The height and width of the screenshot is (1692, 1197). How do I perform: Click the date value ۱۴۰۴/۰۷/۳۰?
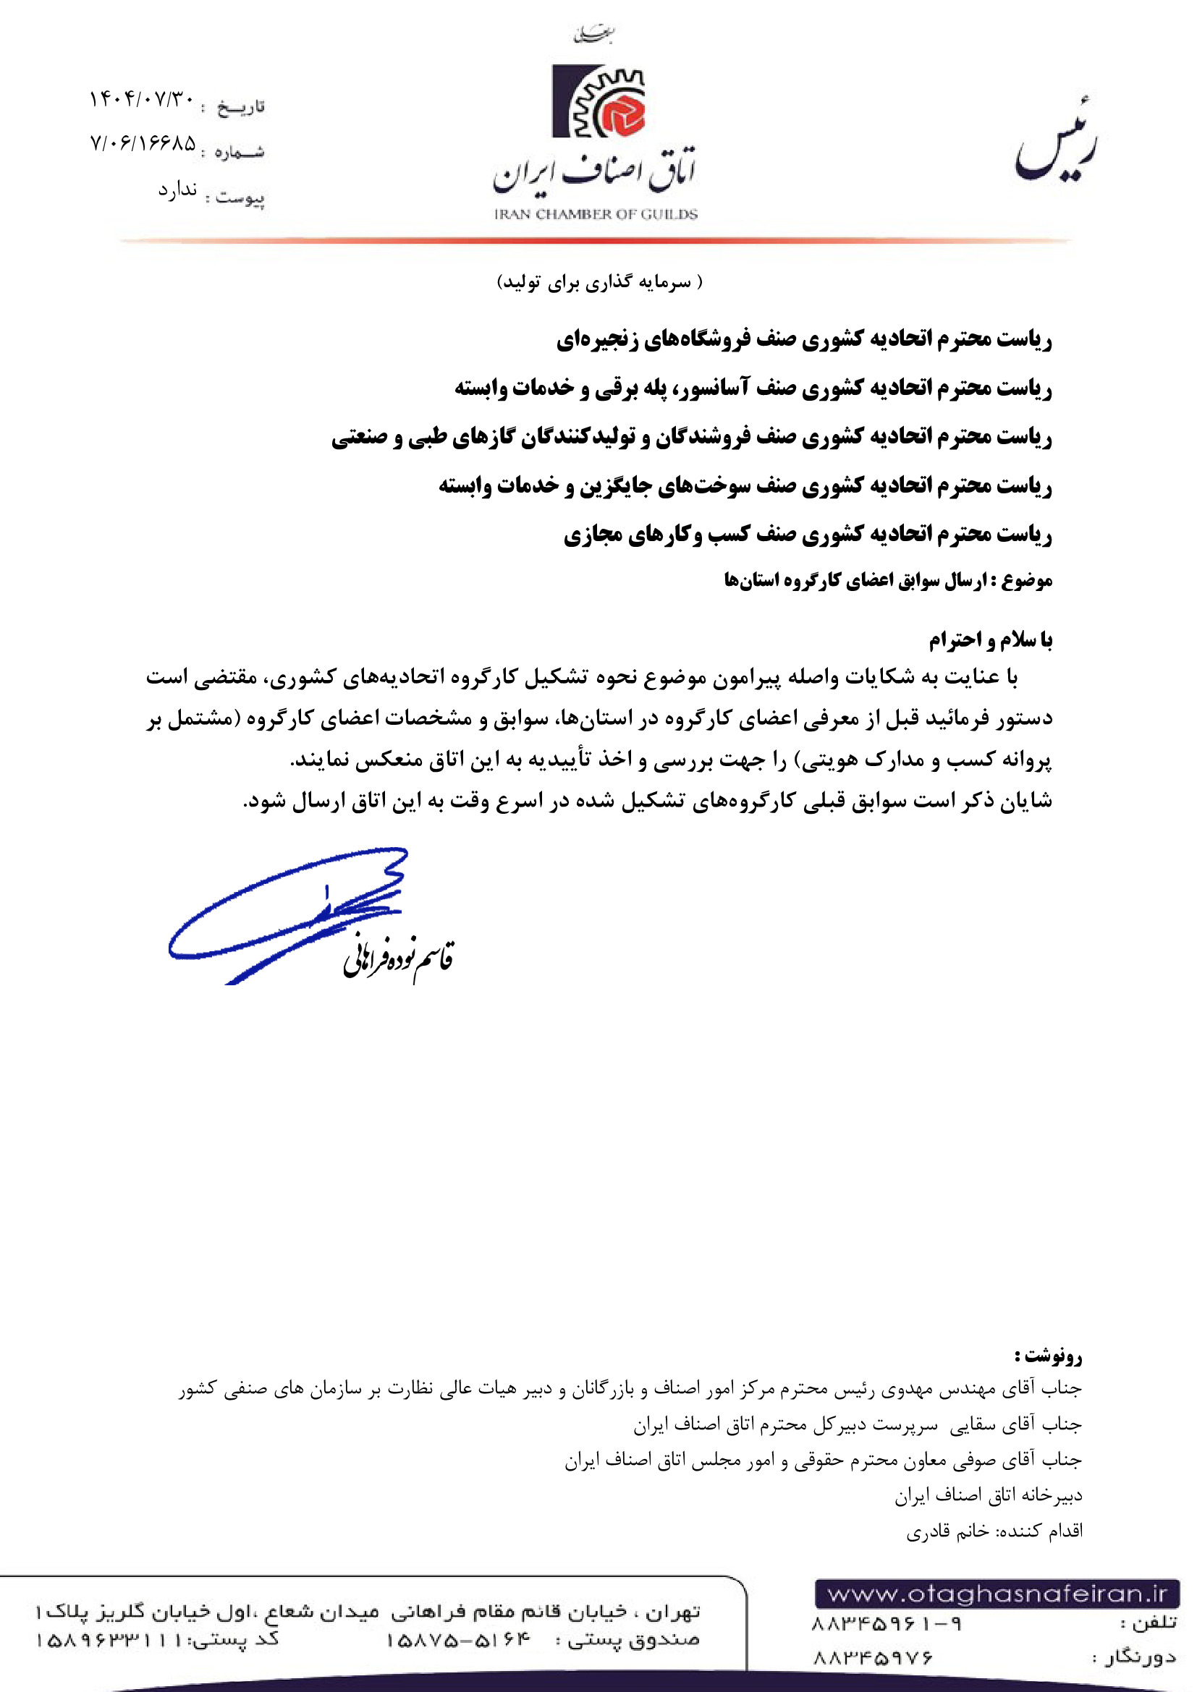143,99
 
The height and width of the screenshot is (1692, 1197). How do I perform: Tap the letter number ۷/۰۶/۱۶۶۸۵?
143,143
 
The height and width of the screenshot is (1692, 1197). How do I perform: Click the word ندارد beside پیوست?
177,190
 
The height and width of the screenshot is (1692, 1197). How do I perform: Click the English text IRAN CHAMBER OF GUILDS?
596,214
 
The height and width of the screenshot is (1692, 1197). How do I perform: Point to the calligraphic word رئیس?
1057,144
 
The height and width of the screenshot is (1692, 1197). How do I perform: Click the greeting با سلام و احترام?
990,639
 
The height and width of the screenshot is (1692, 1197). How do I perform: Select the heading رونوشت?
1048,1355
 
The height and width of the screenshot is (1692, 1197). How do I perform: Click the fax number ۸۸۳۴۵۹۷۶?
873,1657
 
